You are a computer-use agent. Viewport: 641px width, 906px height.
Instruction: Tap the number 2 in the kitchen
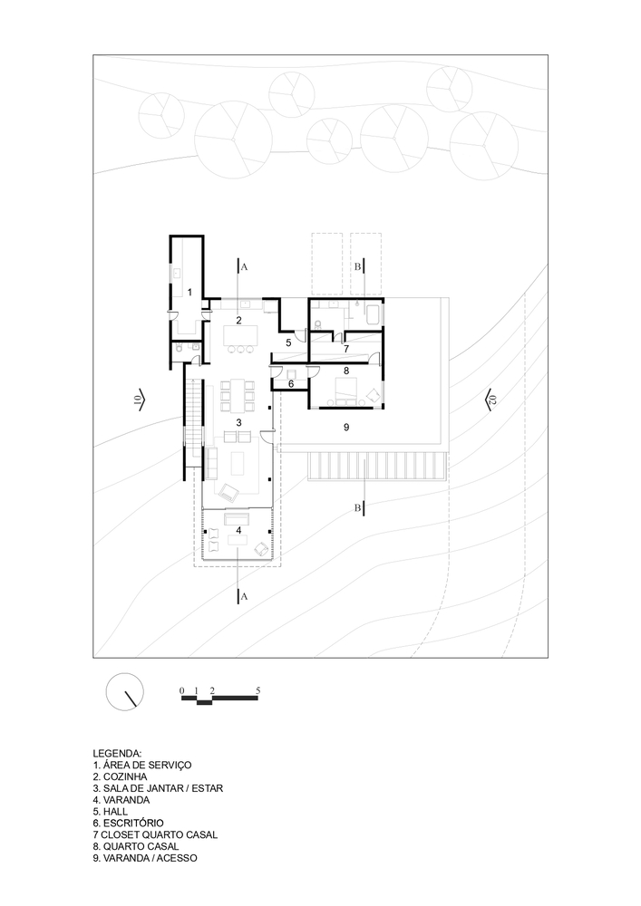238,319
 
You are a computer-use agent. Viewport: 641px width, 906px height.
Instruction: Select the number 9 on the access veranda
346,427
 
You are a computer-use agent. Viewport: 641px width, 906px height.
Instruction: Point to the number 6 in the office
291,383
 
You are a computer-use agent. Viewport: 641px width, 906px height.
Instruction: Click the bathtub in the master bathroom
373,314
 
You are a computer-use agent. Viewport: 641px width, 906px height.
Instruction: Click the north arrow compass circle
125,691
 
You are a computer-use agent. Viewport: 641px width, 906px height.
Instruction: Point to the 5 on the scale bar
257,689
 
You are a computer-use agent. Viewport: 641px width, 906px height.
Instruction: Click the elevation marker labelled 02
490,399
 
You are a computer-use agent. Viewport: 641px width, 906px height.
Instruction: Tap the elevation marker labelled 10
141,398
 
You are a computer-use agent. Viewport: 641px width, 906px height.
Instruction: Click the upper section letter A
244,267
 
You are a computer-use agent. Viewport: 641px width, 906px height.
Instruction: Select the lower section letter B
358,508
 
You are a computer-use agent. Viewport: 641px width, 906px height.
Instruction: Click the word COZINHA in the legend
125,776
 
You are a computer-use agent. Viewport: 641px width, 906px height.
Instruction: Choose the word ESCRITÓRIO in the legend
133,823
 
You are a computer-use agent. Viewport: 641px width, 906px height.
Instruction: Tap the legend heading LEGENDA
117,754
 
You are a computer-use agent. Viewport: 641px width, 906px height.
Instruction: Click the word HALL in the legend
116,811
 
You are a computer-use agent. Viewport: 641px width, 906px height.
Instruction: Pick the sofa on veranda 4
237,517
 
